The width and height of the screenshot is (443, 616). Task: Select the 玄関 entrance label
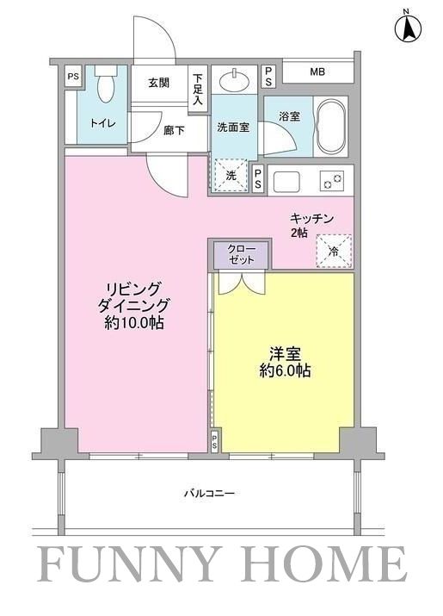point(158,84)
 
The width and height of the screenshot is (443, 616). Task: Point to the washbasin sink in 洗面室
point(232,83)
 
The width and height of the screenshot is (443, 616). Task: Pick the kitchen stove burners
point(331,181)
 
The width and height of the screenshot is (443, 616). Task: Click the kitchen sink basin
point(287,182)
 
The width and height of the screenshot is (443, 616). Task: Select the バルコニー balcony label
point(209,494)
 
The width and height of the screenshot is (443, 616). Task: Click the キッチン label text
point(311,219)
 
